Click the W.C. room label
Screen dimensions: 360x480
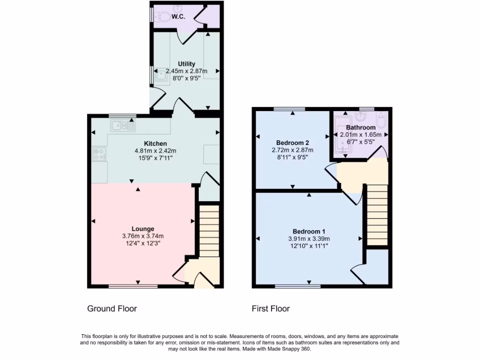click(178, 16)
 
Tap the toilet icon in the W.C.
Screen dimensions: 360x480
click(162, 17)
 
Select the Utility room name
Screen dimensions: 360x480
click(187, 64)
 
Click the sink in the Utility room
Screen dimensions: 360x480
click(161, 75)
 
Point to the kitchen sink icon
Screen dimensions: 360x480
click(122, 126)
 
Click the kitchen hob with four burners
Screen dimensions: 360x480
click(99, 154)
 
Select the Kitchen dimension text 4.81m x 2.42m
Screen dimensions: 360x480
click(155, 151)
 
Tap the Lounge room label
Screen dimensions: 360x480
click(143, 229)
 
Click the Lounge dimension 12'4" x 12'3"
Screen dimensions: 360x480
click(143, 243)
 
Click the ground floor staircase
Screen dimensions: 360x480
click(210, 230)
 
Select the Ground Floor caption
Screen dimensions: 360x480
click(112, 308)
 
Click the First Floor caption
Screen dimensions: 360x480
click(270, 308)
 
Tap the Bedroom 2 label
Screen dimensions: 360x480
click(292, 142)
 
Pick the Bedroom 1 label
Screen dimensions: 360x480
click(309, 231)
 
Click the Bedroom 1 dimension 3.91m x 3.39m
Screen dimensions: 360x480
click(309, 239)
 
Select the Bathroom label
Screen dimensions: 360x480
click(360, 127)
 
